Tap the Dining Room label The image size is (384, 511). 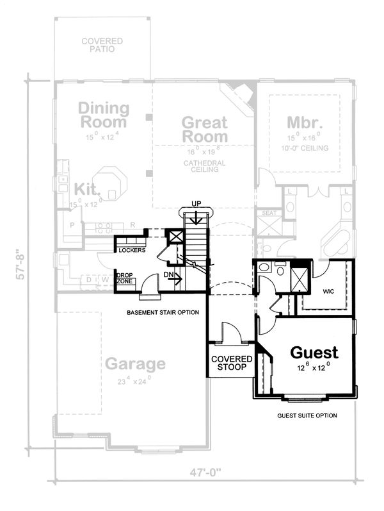[103, 115]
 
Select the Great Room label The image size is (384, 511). [205, 129]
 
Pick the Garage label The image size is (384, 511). [135, 364]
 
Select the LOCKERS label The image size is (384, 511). [132, 250]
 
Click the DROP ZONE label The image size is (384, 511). [124, 278]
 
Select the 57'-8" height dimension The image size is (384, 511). [24, 264]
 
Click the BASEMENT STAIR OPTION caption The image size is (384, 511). [163, 313]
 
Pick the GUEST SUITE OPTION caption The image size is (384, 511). [307, 415]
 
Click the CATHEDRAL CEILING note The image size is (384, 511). [205, 167]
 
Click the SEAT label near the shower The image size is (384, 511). [269, 214]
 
